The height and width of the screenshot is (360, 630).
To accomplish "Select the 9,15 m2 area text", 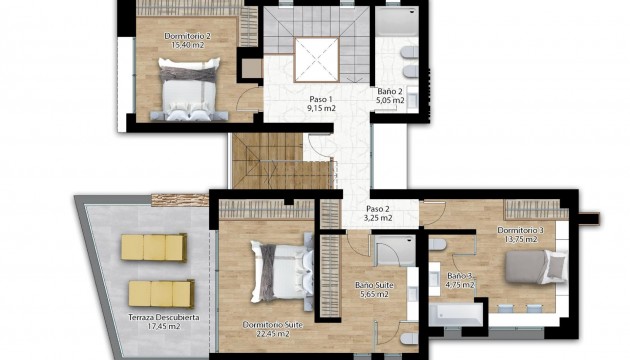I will tap(320, 108).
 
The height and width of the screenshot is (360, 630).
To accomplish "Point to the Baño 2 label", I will tap(389, 91).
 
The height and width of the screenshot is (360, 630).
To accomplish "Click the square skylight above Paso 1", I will tap(319, 55).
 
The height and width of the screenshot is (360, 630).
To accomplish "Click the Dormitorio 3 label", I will tap(520, 231).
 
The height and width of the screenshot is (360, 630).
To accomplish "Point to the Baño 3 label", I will tap(459, 276).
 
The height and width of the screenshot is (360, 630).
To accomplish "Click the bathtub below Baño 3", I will tap(455, 313).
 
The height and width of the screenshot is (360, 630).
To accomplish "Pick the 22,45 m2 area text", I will tap(267, 334).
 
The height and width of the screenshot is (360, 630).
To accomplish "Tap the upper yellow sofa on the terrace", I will tap(154, 247).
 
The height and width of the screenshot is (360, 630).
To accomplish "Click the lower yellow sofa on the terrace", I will tap(161, 293).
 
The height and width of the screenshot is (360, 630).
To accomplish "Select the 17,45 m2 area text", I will tap(161, 328).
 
